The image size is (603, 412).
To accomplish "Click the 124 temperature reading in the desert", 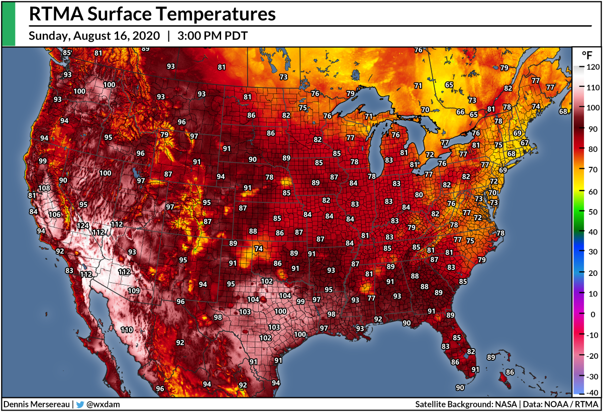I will click(x=83, y=226).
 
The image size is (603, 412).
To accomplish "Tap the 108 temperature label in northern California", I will click(x=45, y=188).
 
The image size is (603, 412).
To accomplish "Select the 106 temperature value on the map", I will click(x=55, y=215).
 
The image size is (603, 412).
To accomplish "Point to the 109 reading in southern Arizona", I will click(x=133, y=290).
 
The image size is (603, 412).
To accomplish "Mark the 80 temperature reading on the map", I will click(x=419, y=194).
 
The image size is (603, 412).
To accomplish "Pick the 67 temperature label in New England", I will click(x=525, y=143).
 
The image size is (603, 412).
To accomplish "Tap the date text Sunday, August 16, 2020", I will click(x=94, y=36).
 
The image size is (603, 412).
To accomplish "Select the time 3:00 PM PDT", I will click(x=212, y=36).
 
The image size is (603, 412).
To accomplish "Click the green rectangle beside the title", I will click(x=9, y=24).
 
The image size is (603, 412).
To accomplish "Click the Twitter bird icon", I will click(x=80, y=404).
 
